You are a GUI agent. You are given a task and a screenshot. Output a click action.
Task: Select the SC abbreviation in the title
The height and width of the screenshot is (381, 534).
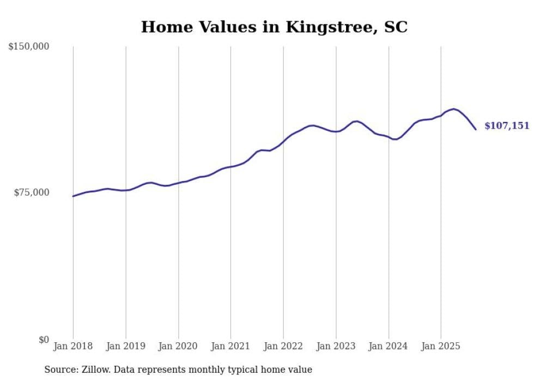(x=395, y=27)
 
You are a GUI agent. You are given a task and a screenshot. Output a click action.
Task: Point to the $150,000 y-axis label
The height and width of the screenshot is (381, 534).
(x=29, y=47)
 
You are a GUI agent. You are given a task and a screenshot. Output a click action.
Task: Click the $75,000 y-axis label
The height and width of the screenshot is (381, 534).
(x=32, y=192)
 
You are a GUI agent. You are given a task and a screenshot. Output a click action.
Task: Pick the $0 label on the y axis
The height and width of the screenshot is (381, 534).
(x=43, y=340)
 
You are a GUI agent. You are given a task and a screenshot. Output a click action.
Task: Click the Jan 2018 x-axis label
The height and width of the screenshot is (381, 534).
(x=73, y=346)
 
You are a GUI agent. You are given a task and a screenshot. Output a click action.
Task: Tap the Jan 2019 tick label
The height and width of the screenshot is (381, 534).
(x=126, y=346)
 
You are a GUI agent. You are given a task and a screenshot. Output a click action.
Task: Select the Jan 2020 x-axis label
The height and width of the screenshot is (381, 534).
(x=178, y=346)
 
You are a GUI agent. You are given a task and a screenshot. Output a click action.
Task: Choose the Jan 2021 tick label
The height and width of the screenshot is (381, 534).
(x=231, y=346)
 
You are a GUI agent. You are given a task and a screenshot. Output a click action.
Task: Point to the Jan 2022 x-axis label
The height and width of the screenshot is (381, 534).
(x=283, y=346)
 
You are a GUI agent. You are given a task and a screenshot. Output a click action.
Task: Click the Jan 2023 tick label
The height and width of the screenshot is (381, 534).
(x=336, y=346)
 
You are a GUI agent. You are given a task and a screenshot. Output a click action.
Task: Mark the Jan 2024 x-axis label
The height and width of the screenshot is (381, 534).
(x=389, y=346)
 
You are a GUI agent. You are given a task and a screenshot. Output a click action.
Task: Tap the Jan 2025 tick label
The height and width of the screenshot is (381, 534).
(x=441, y=346)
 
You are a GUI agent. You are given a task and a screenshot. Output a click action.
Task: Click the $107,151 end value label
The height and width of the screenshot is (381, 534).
(x=507, y=126)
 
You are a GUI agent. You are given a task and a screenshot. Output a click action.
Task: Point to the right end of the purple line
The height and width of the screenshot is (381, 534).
(x=476, y=129)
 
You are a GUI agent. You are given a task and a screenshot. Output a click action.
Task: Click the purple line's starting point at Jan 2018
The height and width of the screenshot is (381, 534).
(x=73, y=196)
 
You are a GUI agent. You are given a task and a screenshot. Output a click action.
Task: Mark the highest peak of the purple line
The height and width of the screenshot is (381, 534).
(x=453, y=109)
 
